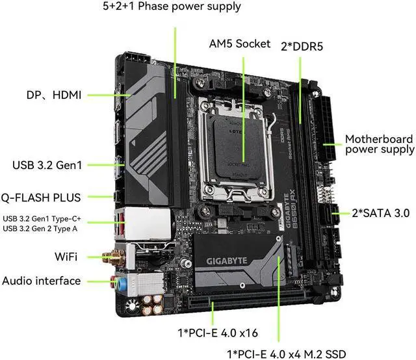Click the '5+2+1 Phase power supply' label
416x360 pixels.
click(172, 7)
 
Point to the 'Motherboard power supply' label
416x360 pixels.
click(379, 144)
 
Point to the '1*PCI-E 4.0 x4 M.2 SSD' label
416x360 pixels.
click(286, 354)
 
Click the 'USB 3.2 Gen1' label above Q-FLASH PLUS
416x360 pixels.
click(47, 165)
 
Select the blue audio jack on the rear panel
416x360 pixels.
click(117, 281)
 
